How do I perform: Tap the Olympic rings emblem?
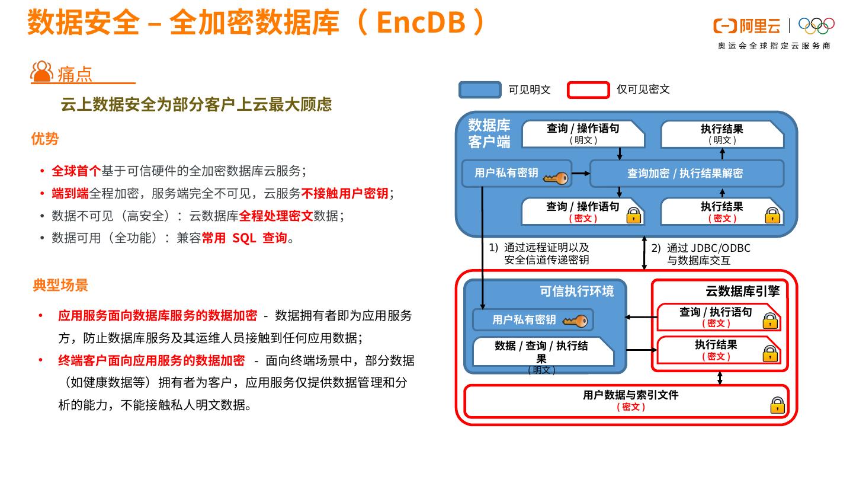click(x=816, y=25)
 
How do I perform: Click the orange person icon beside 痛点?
click(x=41, y=72)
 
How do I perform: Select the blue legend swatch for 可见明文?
click(x=479, y=89)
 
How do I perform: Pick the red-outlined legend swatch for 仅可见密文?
click(x=588, y=89)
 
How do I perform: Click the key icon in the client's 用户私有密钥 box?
click(x=555, y=178)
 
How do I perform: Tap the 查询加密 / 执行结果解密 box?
click(x=685, y=174)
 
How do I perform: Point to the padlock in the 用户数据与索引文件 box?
click(x=777, y=405)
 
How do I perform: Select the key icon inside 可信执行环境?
click(x=574, y=321)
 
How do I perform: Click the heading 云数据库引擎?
click(x=742, y=291)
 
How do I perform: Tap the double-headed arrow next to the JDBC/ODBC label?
click(x=645, y=252)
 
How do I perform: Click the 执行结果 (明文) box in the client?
click(x=721, y=134)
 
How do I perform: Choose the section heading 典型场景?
click(x=60, y=285)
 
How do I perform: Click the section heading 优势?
click(x=45, y=139)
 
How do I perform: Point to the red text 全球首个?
click(x=76, y=171)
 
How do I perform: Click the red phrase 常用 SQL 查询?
click(x=244, y=238)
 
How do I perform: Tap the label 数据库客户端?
click(x=489, y=133)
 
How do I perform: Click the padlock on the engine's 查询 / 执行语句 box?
click(x=769, y=321)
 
